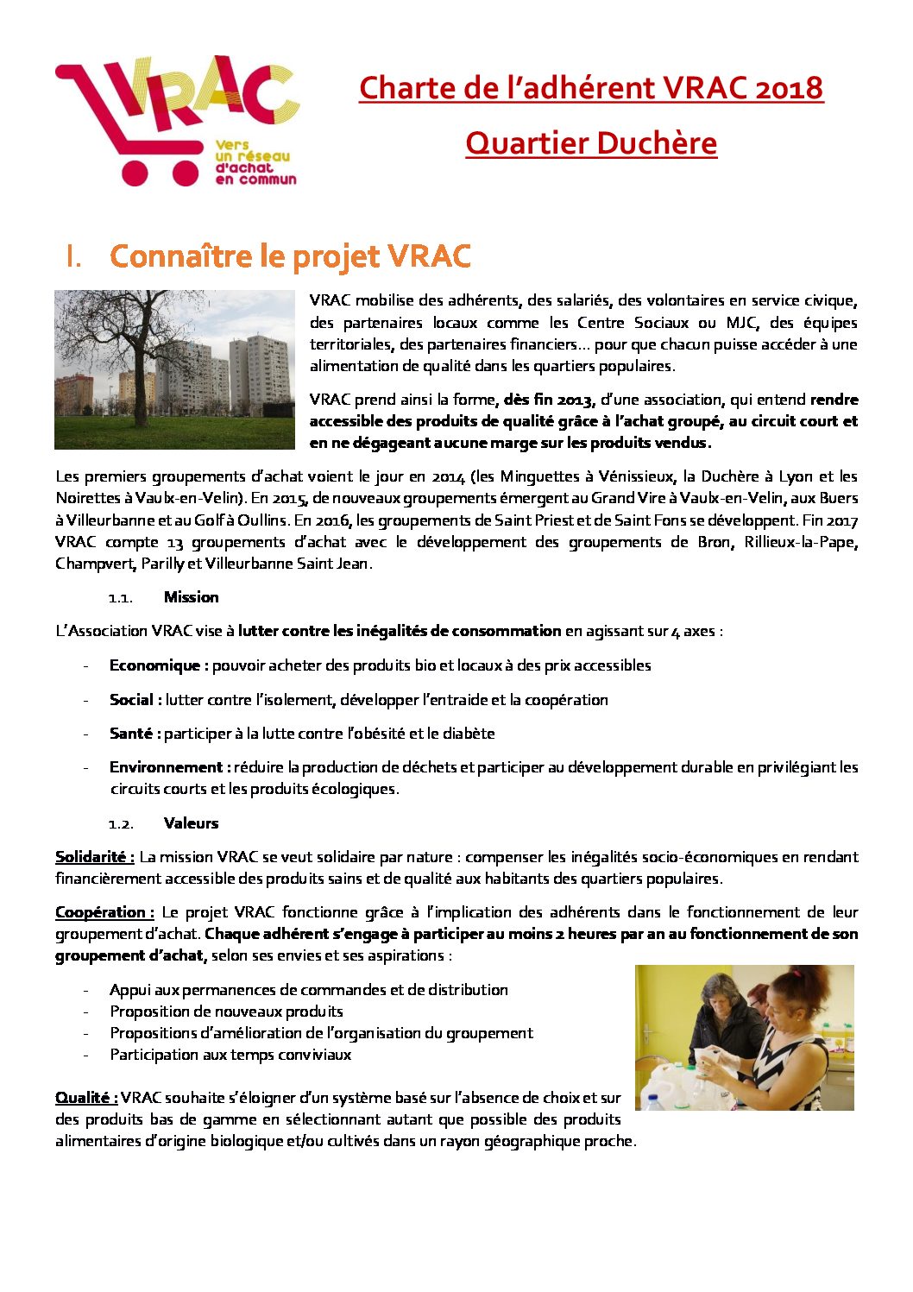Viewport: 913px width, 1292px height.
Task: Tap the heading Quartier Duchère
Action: click(x=591, y=143)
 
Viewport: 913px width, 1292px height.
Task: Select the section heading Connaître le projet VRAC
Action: click(x=291, y=256)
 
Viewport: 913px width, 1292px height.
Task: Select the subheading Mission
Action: click(x=191, y=597)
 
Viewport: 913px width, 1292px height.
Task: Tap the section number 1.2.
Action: click(x=120, y=824)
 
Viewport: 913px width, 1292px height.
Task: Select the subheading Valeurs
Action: click(x=191, y=823)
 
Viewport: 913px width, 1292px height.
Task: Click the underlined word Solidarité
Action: click(x=94, y=857)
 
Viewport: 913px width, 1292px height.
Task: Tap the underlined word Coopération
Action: click(x=104, y=912)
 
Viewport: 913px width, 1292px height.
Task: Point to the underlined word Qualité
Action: click(x=85, y=1098)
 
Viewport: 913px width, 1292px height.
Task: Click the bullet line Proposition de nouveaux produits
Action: click(x=226, y=1012)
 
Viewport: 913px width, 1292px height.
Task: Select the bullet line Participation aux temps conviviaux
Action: click(x=230, y=1055)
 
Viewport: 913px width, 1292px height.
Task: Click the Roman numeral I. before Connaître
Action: click(x=73, y=257)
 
